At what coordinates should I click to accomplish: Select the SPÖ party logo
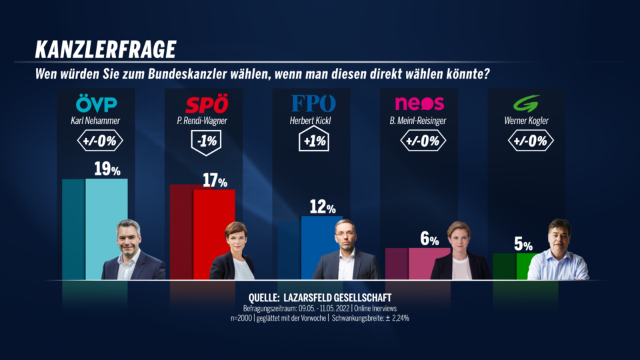coord(206,104)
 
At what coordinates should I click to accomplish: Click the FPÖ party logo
coord(313,103)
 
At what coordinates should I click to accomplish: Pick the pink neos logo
coord(419,103)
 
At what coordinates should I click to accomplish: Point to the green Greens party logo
coord(526,104)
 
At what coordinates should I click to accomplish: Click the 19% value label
coord(107,169)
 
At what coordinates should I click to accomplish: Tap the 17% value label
coord(214,180)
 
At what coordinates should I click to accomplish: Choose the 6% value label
coord(429,239)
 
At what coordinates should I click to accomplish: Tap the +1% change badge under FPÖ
coord(313,141)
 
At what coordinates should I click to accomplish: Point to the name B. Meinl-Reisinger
coord(419,121)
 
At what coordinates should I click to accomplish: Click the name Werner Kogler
coord(526,121)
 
